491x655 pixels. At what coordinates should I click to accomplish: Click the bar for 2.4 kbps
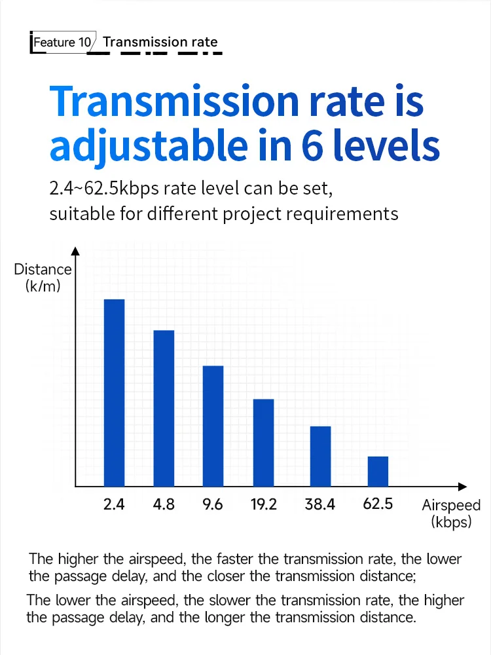[x=114, y=392]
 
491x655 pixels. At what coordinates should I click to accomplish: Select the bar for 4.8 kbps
[x=164, y=408]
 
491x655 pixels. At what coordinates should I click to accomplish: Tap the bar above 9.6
[x=213, y=426]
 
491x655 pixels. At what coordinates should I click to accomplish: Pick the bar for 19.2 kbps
[x=263, y=443]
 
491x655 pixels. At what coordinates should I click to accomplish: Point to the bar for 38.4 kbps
[x=320, y=456]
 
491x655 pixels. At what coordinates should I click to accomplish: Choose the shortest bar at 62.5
[x=378, y=471]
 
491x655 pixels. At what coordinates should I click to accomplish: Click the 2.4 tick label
[x=113, y=504]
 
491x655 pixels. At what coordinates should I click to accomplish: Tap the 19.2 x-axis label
[x=263, y=504]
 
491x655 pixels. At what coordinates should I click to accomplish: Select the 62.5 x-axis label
[x=378, y=504]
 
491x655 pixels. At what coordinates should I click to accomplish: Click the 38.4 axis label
[x=320, y=504]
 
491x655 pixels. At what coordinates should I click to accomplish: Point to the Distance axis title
[x=43, y=277]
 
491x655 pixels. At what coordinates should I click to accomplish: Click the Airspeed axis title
[x=451, y=514]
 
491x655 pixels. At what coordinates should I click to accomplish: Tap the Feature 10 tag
[x=62, y=42]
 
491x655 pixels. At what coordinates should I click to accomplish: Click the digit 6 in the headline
[x=312, y=145]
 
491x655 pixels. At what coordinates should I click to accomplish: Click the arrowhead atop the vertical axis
[x=75, y=251]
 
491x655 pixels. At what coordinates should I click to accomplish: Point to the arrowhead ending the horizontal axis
[x=462, y=487]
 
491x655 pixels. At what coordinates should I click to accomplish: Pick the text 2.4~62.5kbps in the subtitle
[x=104, y=189]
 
